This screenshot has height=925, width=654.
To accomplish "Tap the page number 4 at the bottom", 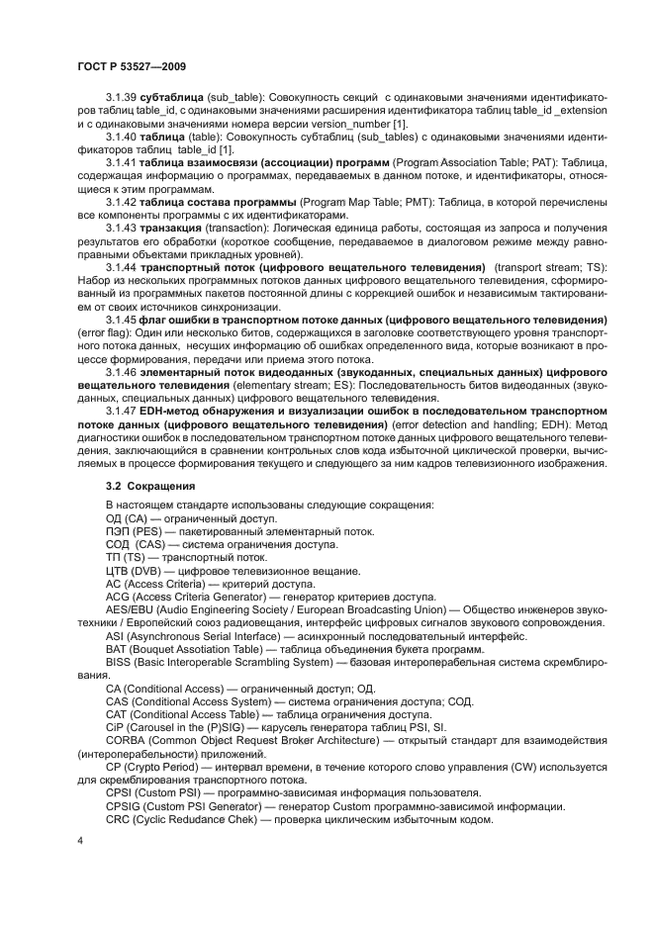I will tap(80, 839).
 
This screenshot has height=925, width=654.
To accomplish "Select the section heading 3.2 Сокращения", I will tap(150, 487).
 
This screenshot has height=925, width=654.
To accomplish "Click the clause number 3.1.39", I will tap(122, 96).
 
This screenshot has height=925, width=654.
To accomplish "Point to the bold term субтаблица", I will tap(172, 96).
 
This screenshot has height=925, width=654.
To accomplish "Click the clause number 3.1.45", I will tap(122, 323).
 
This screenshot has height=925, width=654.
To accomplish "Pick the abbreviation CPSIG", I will tap(124, 806).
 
